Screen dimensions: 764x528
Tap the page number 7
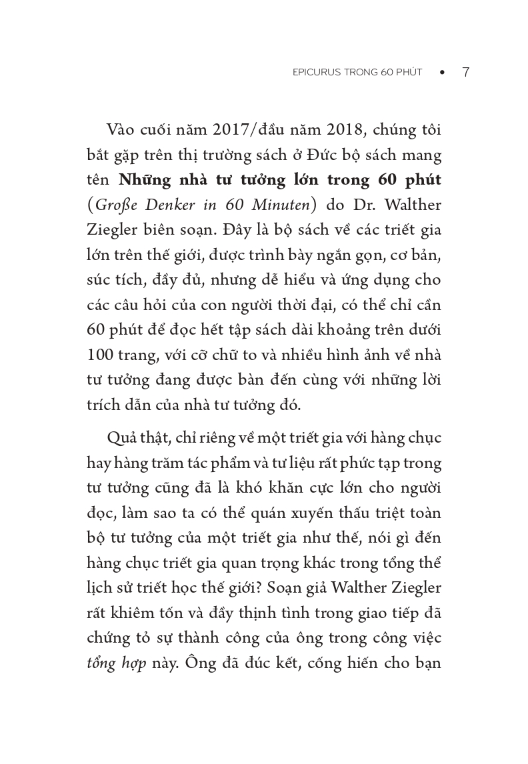pyautogui.click(x=465, y=73)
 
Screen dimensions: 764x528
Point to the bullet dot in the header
pyautogui.click(x=441, y=73)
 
